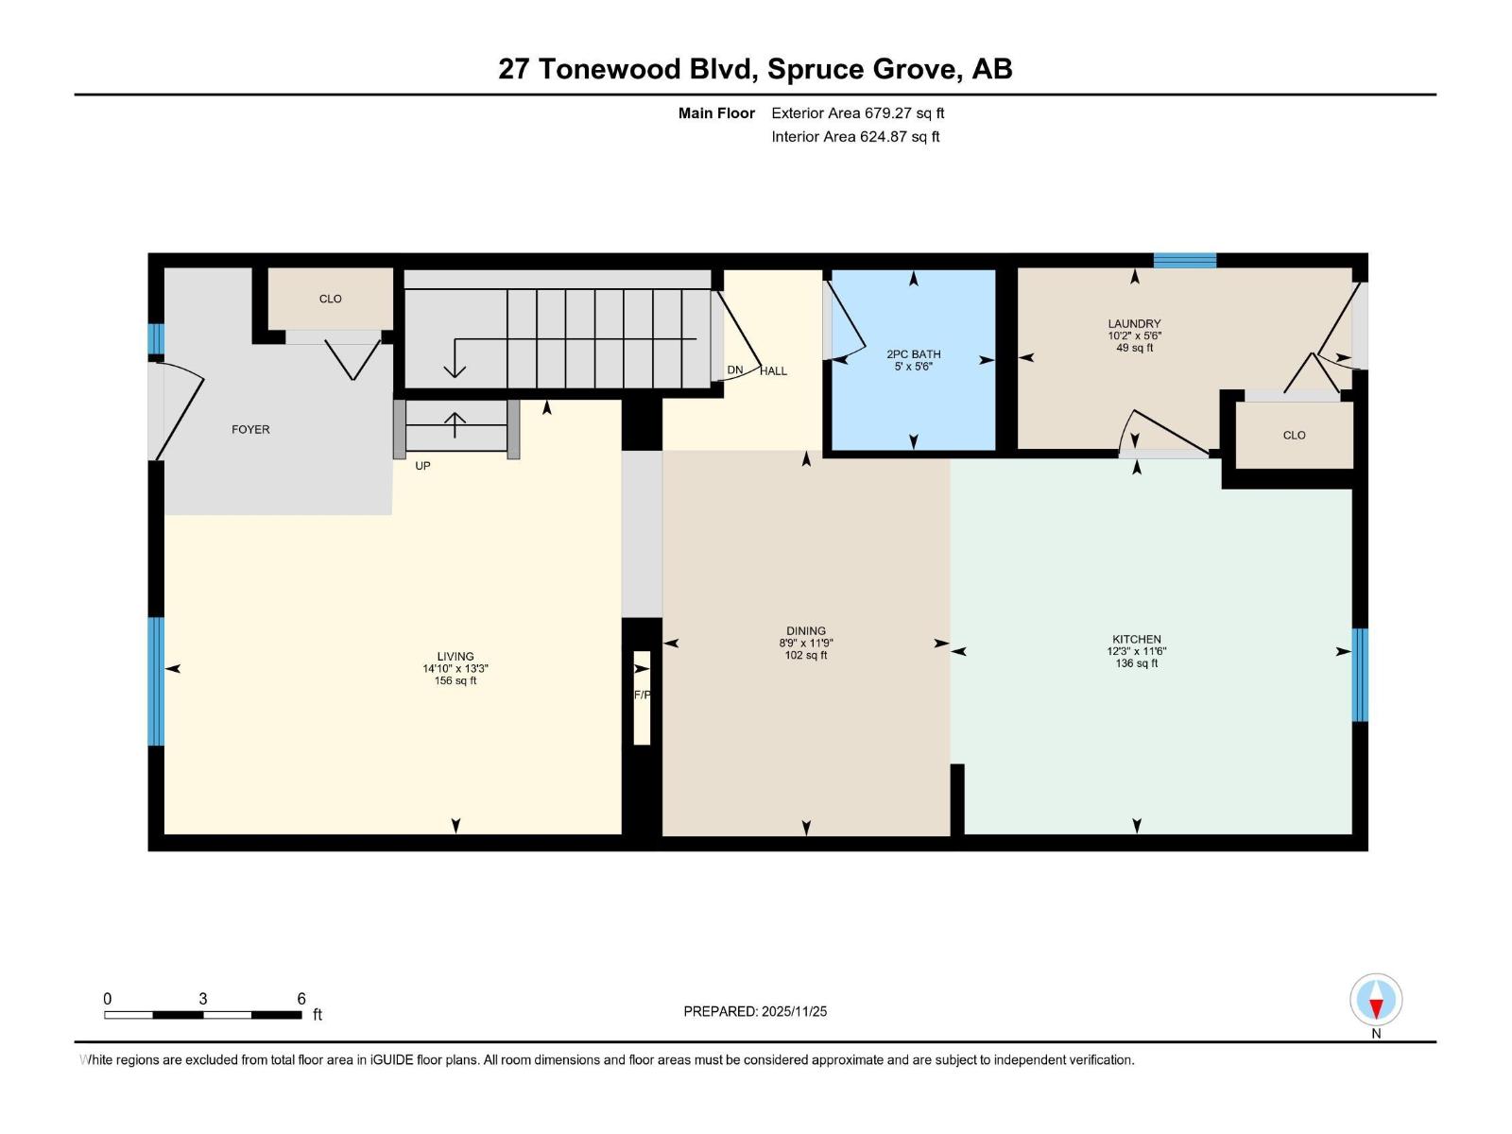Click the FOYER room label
[250, 429]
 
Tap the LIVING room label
[455, 656]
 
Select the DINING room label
[805, 630]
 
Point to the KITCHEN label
[1136, 639]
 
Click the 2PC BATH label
[913, 354]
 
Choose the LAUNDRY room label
[1134, 323]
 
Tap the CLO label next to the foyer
[330, 299]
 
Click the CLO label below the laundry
[1294, 435]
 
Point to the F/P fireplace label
[642, 695]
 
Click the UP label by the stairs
[422, 466]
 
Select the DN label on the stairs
[734, 369]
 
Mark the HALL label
[773, 370]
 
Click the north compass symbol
[1376, 1000]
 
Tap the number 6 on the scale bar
[301, 998]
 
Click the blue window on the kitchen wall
[1360, 675]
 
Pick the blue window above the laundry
[1184, 261]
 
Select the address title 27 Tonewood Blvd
[755, 69]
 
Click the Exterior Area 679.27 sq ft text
[857, 112]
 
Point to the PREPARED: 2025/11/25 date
[755, 1011]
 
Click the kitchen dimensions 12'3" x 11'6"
[1136, 651]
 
